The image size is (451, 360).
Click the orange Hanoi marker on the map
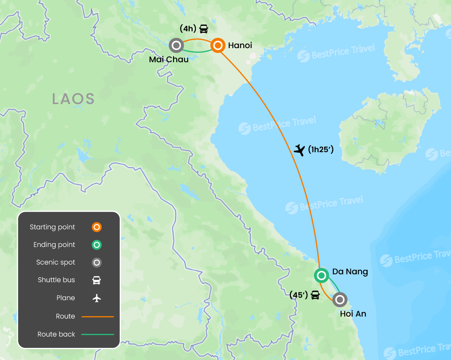pos(217,45)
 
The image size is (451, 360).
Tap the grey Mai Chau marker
pos(176,45)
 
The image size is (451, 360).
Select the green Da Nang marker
pos(321,275)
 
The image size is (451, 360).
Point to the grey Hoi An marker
pos(339,300)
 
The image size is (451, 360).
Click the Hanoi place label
pos(240,46)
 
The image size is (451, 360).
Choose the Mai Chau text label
pos(169,59)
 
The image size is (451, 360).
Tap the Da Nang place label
pos(350,272)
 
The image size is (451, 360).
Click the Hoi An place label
pos(353,313)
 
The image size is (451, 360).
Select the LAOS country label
pos(74,99)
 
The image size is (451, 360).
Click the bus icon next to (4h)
pos(204,29)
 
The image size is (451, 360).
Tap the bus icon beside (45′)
pos(315,295)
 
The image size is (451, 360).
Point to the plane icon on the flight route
pos(299,150)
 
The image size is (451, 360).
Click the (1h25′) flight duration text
pos(321,149)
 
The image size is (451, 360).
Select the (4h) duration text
pos(188,29)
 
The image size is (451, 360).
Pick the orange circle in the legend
pos(97,227)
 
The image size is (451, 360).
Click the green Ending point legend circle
pos(97,245)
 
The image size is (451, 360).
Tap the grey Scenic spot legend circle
pos(97,263)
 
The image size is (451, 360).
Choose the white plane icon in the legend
pos(97,298)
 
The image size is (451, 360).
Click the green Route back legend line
pos(98,334)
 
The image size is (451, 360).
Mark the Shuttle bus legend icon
pos(97,280)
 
